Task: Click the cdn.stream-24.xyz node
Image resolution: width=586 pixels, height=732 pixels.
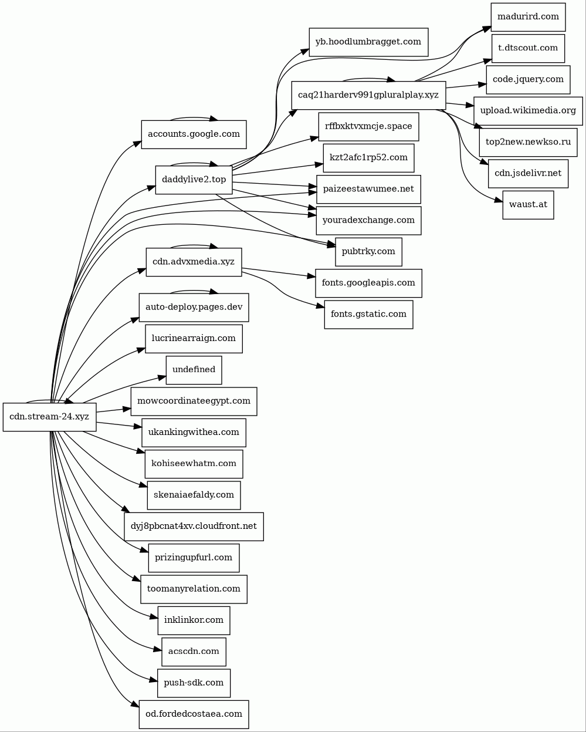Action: [x=50, y=417]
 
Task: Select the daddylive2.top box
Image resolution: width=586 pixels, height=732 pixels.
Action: [x=194, y=180]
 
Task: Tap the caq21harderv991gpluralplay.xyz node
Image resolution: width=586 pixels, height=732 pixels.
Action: [x=368, y=95]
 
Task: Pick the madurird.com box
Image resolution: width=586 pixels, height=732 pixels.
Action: [x=528, y=17]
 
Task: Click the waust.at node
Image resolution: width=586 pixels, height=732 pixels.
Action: [x=528, y=205]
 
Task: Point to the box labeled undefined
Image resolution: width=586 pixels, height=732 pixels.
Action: [x=194, y=370]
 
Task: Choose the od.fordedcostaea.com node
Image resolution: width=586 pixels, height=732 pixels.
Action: [x=194, y=714]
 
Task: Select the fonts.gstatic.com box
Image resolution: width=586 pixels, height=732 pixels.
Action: [x=368, y=314]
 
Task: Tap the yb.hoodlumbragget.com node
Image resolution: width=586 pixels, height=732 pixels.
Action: [x=368, y=42]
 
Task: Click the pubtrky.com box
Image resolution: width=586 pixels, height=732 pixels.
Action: [x=368, y=252]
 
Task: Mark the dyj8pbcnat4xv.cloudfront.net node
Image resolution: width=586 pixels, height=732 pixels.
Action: [x=194, y=527]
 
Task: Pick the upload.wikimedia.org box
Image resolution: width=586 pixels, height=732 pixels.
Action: [x=528, y=111]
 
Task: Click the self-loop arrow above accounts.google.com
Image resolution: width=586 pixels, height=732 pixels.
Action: [x=193, y=117]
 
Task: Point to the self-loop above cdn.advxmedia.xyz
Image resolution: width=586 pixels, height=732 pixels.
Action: [x=193, y=245]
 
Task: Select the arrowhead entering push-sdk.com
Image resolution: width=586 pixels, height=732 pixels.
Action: [x=154, y=681]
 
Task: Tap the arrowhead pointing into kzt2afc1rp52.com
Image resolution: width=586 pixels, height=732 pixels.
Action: [x=319, y=164]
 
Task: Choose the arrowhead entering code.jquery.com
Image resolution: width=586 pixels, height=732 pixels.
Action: [x=482, y=84]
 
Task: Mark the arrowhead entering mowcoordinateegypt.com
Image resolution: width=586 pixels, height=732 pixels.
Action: [x=127, y=409]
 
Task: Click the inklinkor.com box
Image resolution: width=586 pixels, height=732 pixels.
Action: [x=194, y=620]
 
